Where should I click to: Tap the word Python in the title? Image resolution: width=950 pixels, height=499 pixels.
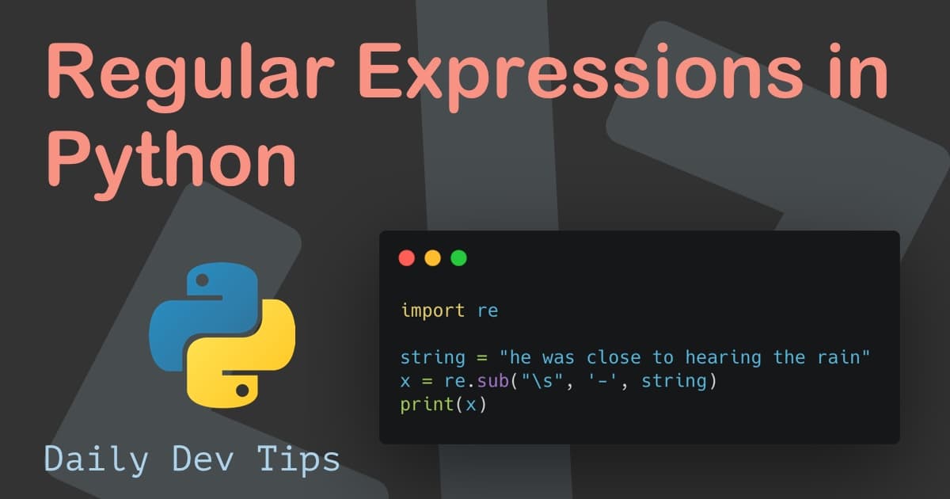170,158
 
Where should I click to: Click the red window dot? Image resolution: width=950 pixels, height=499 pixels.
407,257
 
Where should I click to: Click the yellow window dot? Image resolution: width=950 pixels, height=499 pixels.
432,257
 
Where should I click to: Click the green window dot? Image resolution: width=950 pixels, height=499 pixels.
458,257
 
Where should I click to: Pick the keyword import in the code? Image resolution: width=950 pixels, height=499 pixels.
432,310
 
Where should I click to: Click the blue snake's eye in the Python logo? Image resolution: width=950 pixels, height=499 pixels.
200,280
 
